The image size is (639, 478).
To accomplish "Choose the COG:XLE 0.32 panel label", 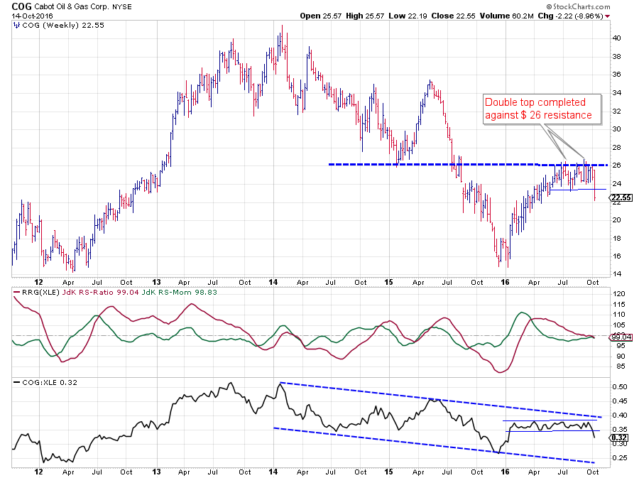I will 41,383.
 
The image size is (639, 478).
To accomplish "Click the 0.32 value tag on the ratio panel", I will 618,438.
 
